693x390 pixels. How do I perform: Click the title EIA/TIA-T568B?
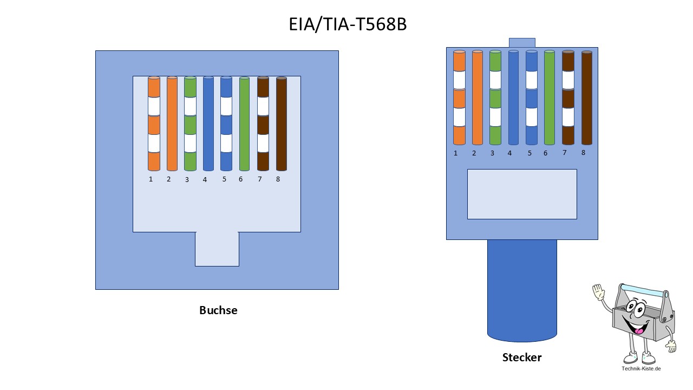coord(348,24)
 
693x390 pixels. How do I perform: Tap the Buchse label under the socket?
coord(218,310)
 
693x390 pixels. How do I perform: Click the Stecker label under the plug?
coord(522,357)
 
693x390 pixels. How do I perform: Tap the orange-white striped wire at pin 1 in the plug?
coord(459,97)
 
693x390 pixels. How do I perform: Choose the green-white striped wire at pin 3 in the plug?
coord(495,97)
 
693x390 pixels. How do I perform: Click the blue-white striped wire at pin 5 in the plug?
coord(532,97)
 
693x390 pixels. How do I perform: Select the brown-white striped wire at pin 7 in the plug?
coord(568,97)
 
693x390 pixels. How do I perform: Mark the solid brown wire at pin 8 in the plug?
coord(586,97)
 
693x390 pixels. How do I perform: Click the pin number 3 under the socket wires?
coord(187,180)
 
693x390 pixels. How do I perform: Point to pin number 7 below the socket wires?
coord(260,179)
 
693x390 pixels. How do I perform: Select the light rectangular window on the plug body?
coord(522,194)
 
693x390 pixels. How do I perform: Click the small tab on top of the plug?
coord(522,42)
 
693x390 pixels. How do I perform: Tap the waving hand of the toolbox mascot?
coord(598,292)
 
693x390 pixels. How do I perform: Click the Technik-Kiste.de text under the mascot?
coord(641,369)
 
